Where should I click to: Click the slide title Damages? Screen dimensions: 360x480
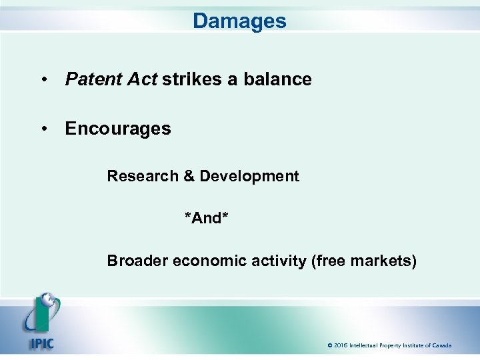pos(239,21)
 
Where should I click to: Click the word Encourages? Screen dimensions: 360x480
pos(118,128)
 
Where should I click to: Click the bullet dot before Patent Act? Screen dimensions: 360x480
pos(43,80)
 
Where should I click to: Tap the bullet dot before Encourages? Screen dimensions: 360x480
pos(43,129)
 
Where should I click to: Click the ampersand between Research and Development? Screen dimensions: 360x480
pos(189,176)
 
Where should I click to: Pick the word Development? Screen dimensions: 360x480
pos(249,176)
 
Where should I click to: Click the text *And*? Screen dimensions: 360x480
pos(207,218)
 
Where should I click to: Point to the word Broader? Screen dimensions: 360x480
pos(137,261)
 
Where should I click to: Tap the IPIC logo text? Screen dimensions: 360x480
pos(41,344)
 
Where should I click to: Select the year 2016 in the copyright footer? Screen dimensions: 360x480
pos(341,345)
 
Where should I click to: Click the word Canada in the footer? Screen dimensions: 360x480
pos(440,345)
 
